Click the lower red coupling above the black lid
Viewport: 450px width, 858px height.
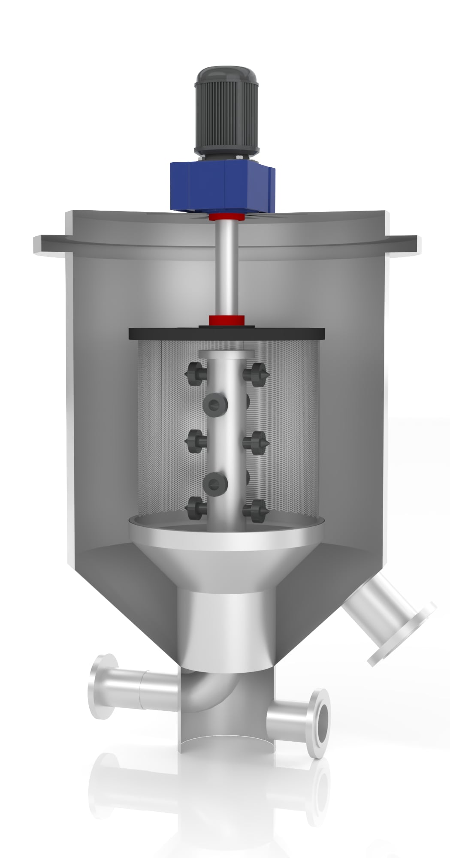227,320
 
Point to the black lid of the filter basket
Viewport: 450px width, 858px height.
227,333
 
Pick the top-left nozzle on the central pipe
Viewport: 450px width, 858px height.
195,374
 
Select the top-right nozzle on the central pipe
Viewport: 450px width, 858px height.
257,374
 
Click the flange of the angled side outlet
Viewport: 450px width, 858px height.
403,635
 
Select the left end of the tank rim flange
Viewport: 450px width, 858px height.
43,244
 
